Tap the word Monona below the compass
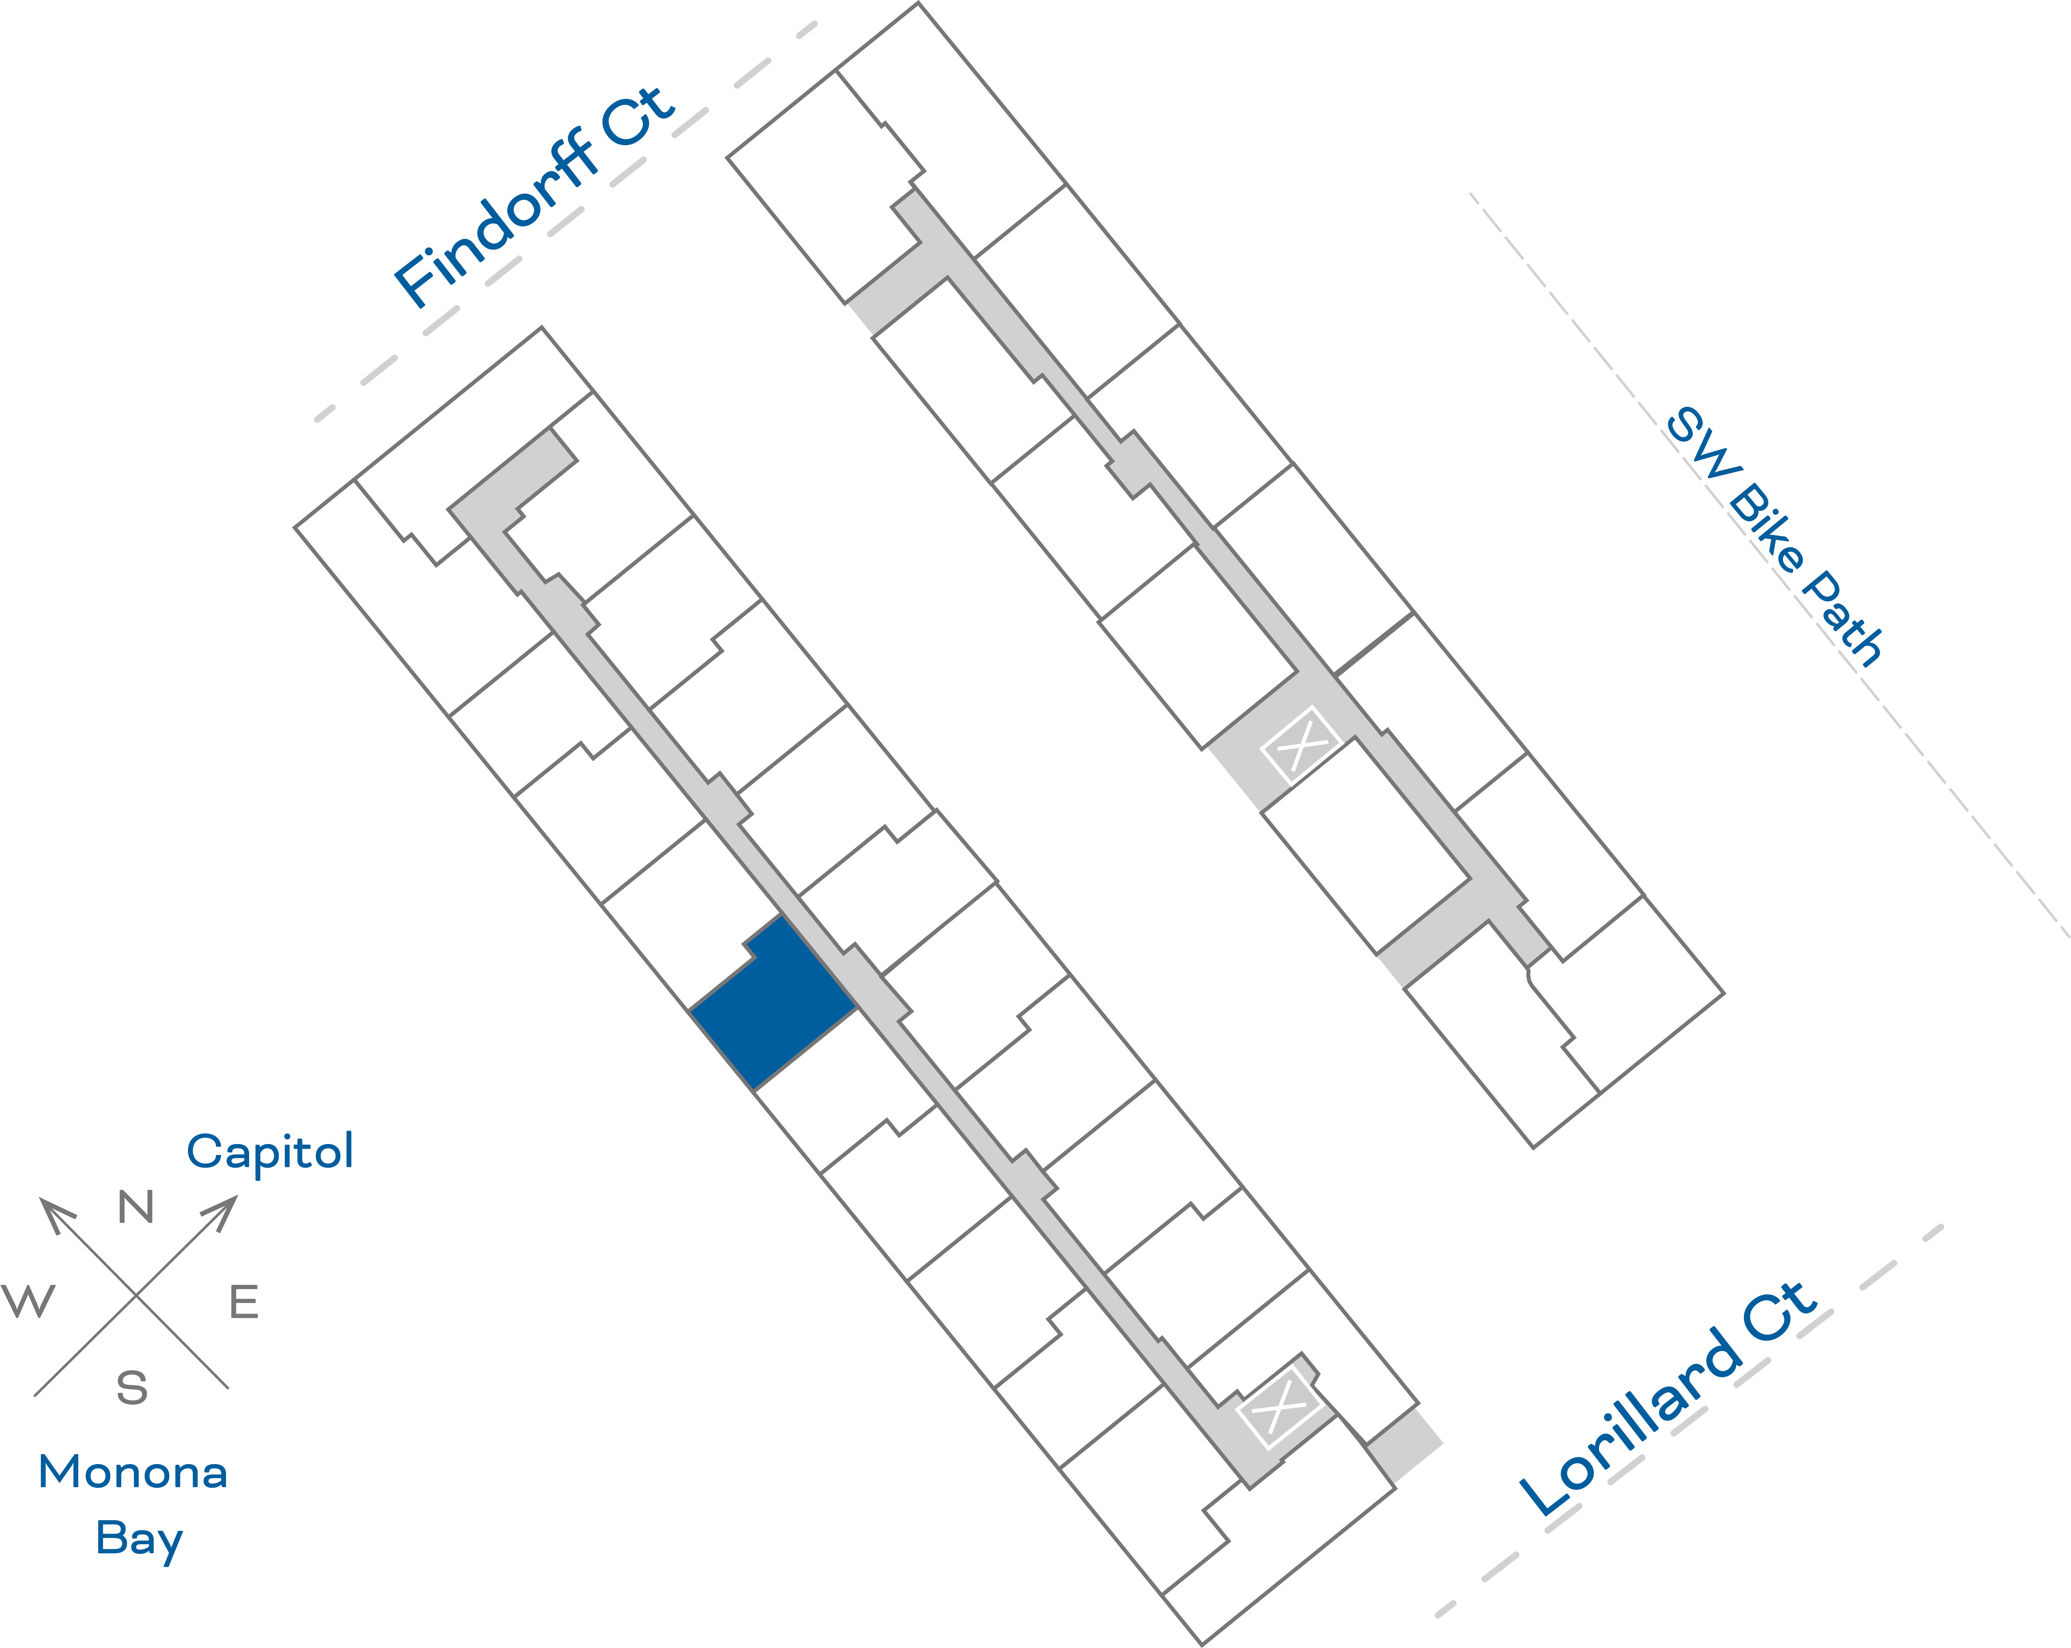[132, 1472]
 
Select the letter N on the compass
[135, 1207]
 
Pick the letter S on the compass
[132, 1388]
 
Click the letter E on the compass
[244, 1302]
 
